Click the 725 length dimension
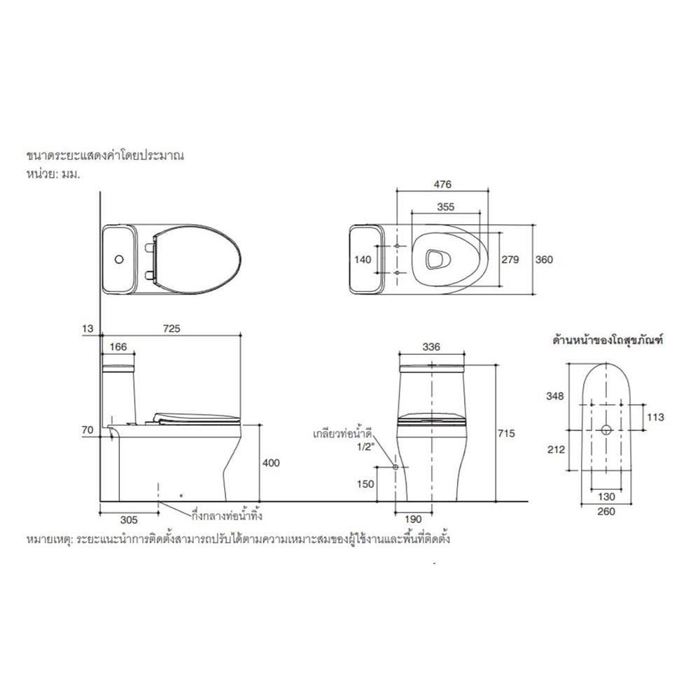pyautogui.click(x=171, y=328)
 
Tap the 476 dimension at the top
pyautogui.click(x=442, y=184)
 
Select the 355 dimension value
pyautogui.click(x=445, y=206)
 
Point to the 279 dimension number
pyautogui.click(x=510, y=260)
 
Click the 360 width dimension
pyautogui.click(x=544, y=260)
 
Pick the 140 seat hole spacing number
pyautogui.click(x=363, y=260)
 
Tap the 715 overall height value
pyautogui.click(x=506, y=433)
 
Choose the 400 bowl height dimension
pyautogui.click(x=271, y=463)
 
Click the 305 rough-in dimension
pyautogui.click(x=129, y=520)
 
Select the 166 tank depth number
pyautogui.click(x=118, y=347)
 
